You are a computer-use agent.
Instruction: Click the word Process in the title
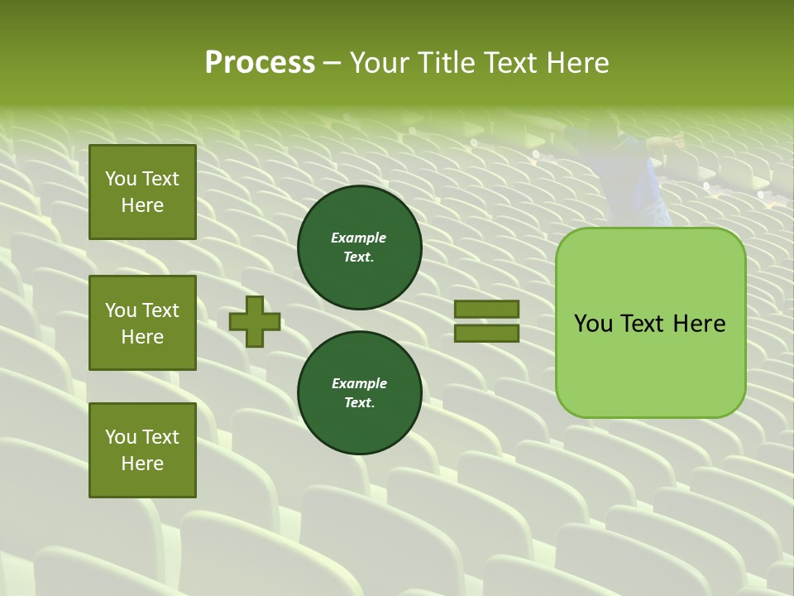pyautogui.click(x=260, y=63)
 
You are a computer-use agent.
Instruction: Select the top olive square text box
pyautogui.click(x=142, y=192)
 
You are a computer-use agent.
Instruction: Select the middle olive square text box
pyautogui.click(x=142, y=323)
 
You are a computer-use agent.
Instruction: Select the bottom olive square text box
pyautogui.click(x=142, y=449)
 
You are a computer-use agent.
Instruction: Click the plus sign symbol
pyautogui.click(x=255, y=321)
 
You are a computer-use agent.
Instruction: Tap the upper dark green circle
pyautogui.click(x=359, y=248)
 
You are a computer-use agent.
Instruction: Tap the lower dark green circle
pyautogui.click(x=359, y=393)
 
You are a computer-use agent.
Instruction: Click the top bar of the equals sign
pyautogui.click(x=486, y=310)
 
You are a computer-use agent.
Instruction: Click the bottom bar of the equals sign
pyautogui.click(x=486, y=333)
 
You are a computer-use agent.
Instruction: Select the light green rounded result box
pyautogui.click(x=650, y=322)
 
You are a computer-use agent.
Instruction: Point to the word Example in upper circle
pyautogui.click(x=359, y=238)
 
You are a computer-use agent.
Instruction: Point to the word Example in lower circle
pyautogui.click(x=359, y=383)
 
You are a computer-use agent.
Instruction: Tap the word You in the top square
pyautogui.click(x=121, y=179)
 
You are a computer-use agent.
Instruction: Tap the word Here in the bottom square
pyautogui.click(x=142, y=464)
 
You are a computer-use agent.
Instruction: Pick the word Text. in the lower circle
pyautogui.click(x=359, y=403)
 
